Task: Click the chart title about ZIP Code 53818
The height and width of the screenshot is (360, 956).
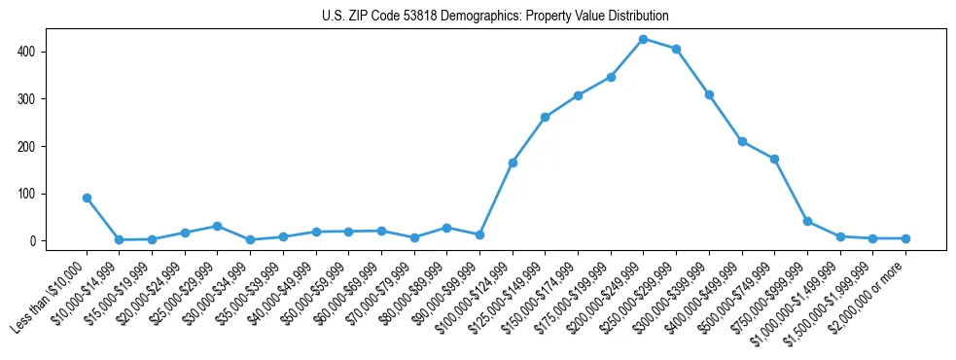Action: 495,17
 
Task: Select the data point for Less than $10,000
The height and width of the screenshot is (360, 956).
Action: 87,198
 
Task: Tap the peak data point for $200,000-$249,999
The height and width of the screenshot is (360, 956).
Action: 643,39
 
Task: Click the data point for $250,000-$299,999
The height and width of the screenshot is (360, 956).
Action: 676,49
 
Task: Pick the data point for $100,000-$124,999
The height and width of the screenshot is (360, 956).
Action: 513,162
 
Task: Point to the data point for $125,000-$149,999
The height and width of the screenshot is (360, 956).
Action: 545,117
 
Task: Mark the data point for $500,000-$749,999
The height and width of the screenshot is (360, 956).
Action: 774,159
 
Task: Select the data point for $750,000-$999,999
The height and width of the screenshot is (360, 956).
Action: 807,222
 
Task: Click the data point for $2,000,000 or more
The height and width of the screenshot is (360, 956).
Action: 905,238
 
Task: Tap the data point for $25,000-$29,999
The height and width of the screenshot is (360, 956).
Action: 217,226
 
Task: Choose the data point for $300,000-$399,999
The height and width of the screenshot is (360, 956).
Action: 709,94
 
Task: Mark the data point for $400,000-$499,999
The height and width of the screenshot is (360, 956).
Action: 742,141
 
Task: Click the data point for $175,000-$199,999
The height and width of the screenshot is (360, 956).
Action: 611,77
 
